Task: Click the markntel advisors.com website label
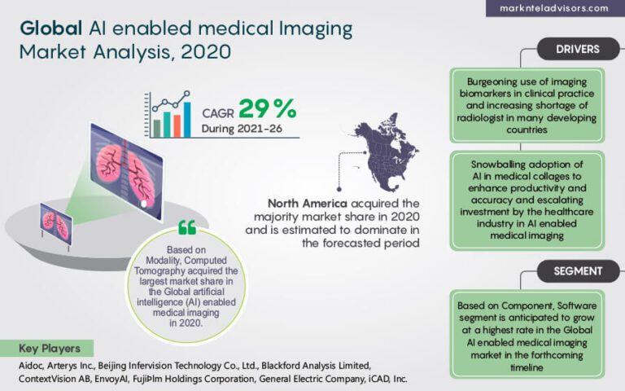point(557,8)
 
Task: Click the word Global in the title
point(49,29)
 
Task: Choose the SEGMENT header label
point(577,270)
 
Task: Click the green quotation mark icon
point(186,226)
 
